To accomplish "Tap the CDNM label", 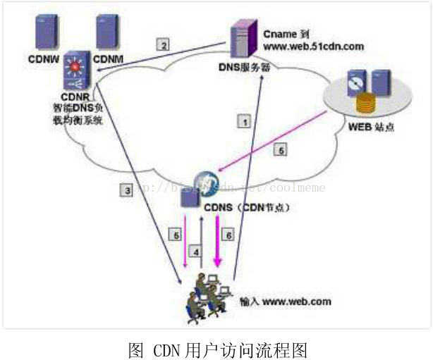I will [109, 58].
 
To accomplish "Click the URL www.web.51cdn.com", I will [314, 46].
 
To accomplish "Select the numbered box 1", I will [244, 121].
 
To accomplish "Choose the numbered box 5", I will [280, 150].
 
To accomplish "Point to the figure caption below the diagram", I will [218, 349].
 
